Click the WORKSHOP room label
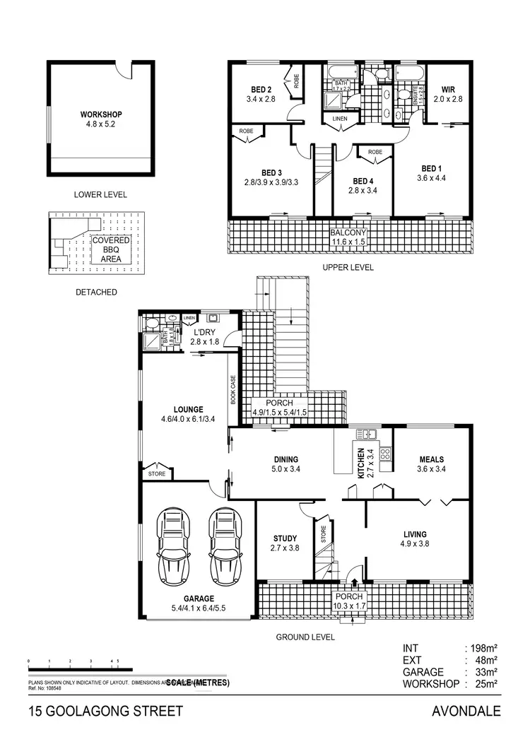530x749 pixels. (101, 114)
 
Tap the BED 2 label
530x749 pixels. (261, 90)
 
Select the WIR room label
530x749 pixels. (447, 90)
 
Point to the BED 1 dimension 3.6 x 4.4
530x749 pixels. (432, 178)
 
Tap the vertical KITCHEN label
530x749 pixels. (361, 464)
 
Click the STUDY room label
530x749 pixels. (283, 538)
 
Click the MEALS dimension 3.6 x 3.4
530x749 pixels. (430, 468)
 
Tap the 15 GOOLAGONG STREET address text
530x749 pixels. (105, 711)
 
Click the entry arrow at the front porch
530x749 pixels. (354, 582)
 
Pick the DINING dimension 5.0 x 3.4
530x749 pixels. (285, 468)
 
